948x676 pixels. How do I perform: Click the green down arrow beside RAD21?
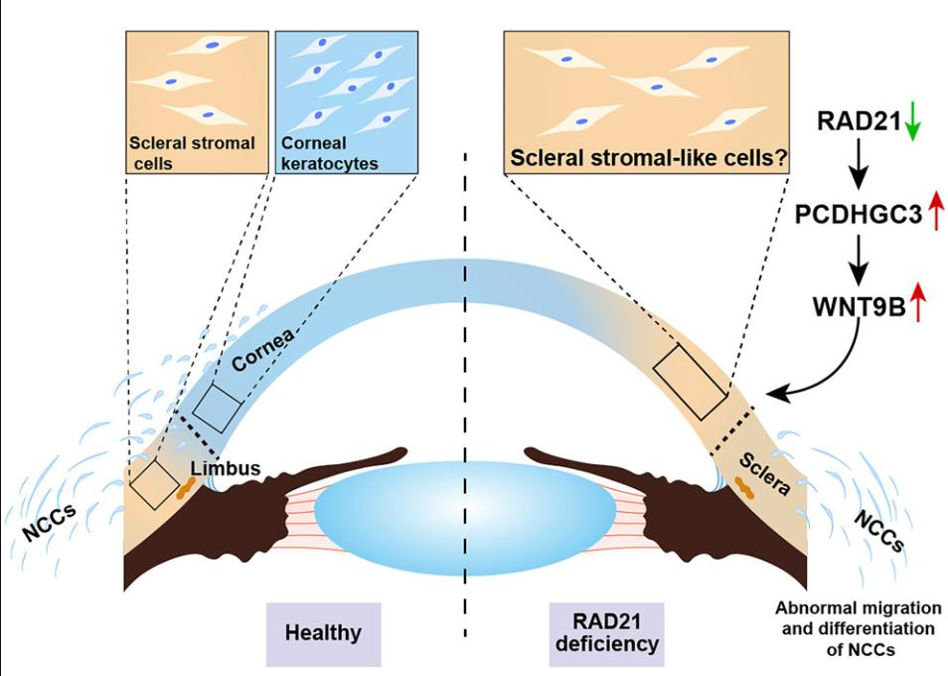pyautogui.click(x=914, y=123)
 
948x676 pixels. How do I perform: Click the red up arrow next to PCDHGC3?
pyautogui.click(x=934, y=213)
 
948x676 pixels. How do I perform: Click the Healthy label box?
pyautogui.click(x=323, y=632)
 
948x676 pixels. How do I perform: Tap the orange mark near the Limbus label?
pyautogui.click(x=185, y=487)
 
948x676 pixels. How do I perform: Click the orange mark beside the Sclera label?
pyautogui.click(x=743, y=485)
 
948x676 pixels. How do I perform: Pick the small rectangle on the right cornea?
pyautogui.click(x=690, y=382)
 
